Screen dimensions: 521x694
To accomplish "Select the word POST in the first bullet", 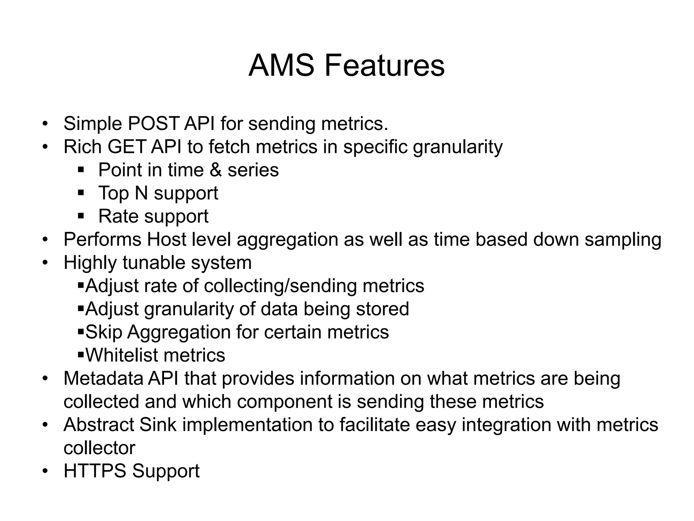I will coord(154,123).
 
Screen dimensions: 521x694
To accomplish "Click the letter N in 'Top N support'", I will coord(141,193).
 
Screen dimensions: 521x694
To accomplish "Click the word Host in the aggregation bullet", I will coord(166,239).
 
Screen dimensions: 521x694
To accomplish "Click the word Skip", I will coord(103,332).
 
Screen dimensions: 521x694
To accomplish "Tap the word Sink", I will coord(158,425).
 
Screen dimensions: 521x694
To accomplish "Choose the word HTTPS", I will coord(95,471).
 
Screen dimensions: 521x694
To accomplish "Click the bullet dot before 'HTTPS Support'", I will coord(45,471).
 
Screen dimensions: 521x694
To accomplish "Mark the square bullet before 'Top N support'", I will coord(81,193).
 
